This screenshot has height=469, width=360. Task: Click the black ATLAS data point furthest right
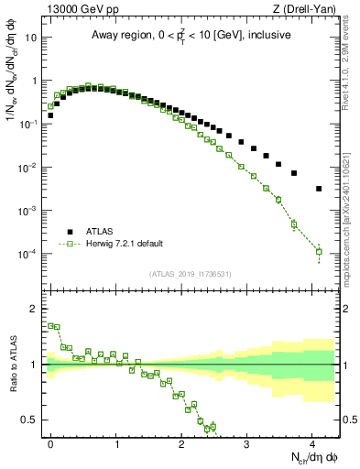[319, 189]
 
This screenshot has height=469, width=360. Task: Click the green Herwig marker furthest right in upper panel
[319, 251]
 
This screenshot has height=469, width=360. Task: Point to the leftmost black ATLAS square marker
[50, 115]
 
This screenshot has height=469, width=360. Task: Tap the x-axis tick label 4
[312, 442]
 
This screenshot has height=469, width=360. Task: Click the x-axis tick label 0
[51, 442]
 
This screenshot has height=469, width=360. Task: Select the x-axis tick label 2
[182, 442]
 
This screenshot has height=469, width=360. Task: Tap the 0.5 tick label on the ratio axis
[31, 420]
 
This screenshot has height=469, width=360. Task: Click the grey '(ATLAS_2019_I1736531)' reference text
[190, 274]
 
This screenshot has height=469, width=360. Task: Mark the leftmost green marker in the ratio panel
[50, 325]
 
